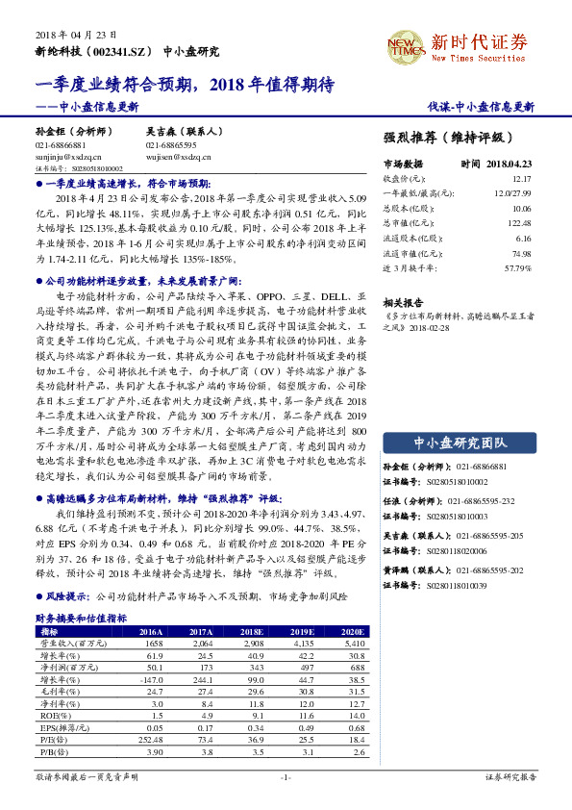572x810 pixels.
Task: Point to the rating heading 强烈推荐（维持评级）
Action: tap(447, 137)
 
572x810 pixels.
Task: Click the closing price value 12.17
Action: tap(520, 179)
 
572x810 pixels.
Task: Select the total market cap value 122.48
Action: tap(520, 222)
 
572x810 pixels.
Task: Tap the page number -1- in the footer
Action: tap(286, 775)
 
